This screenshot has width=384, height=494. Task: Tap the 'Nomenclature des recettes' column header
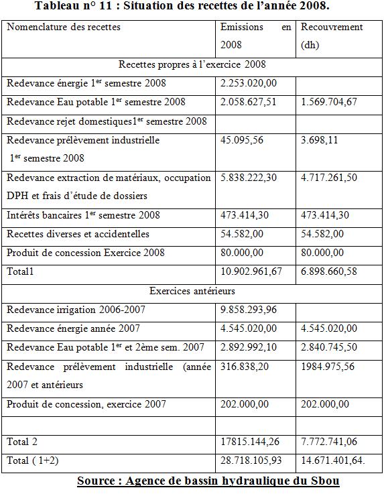(x=64, y=27)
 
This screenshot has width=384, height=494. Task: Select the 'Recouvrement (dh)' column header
(x=332, y=37)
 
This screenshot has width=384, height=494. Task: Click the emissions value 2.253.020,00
(x=249, y=83)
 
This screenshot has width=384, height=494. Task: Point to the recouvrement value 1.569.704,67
(x=329, y=102)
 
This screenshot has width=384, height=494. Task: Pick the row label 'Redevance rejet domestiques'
(x=107, y=121)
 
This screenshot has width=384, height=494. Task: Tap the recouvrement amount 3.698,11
(x=320, y=140)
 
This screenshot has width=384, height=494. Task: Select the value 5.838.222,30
(x=249, y=178)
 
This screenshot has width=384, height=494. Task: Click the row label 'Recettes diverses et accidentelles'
(x=78, y=234)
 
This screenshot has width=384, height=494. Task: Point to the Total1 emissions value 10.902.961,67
(x=251, y=271)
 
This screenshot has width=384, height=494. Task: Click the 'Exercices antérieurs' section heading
(x=192, y=291)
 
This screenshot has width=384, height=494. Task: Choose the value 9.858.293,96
(x=249, y=310)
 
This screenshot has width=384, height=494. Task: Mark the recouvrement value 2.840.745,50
(x=329, y=347)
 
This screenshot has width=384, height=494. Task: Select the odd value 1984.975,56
(x=328, y=367)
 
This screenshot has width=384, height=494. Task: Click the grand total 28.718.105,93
(x=251, y=460)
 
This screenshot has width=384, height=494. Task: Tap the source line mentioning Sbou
(x=208, y=481)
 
